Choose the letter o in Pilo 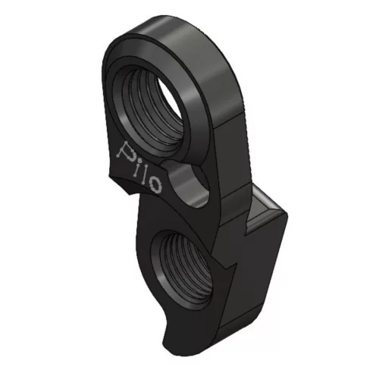coord(155,183)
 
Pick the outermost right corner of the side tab coord(289,221)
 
